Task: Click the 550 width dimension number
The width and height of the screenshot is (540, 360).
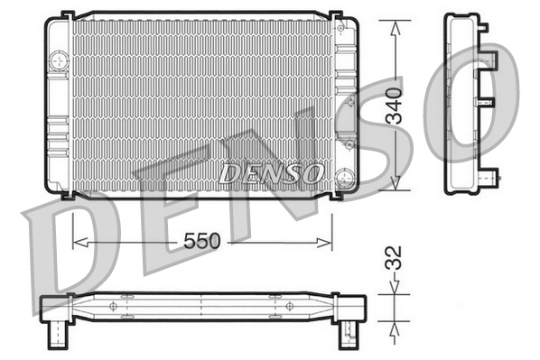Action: pos(201,241)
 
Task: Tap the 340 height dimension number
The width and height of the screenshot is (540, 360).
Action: pos(394,106)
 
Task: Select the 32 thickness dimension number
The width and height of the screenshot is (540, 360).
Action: pos(394,258)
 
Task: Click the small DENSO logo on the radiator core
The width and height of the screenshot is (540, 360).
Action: pos(272,173)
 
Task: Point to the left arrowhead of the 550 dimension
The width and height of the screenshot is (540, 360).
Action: pos(80,243)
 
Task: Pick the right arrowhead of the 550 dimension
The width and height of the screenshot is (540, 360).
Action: pos(324,243)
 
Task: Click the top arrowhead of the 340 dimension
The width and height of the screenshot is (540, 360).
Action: pos(396,28)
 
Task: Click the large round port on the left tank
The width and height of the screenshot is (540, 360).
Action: pos(60,61)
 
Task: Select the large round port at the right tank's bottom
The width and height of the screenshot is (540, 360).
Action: pos(345,178)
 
